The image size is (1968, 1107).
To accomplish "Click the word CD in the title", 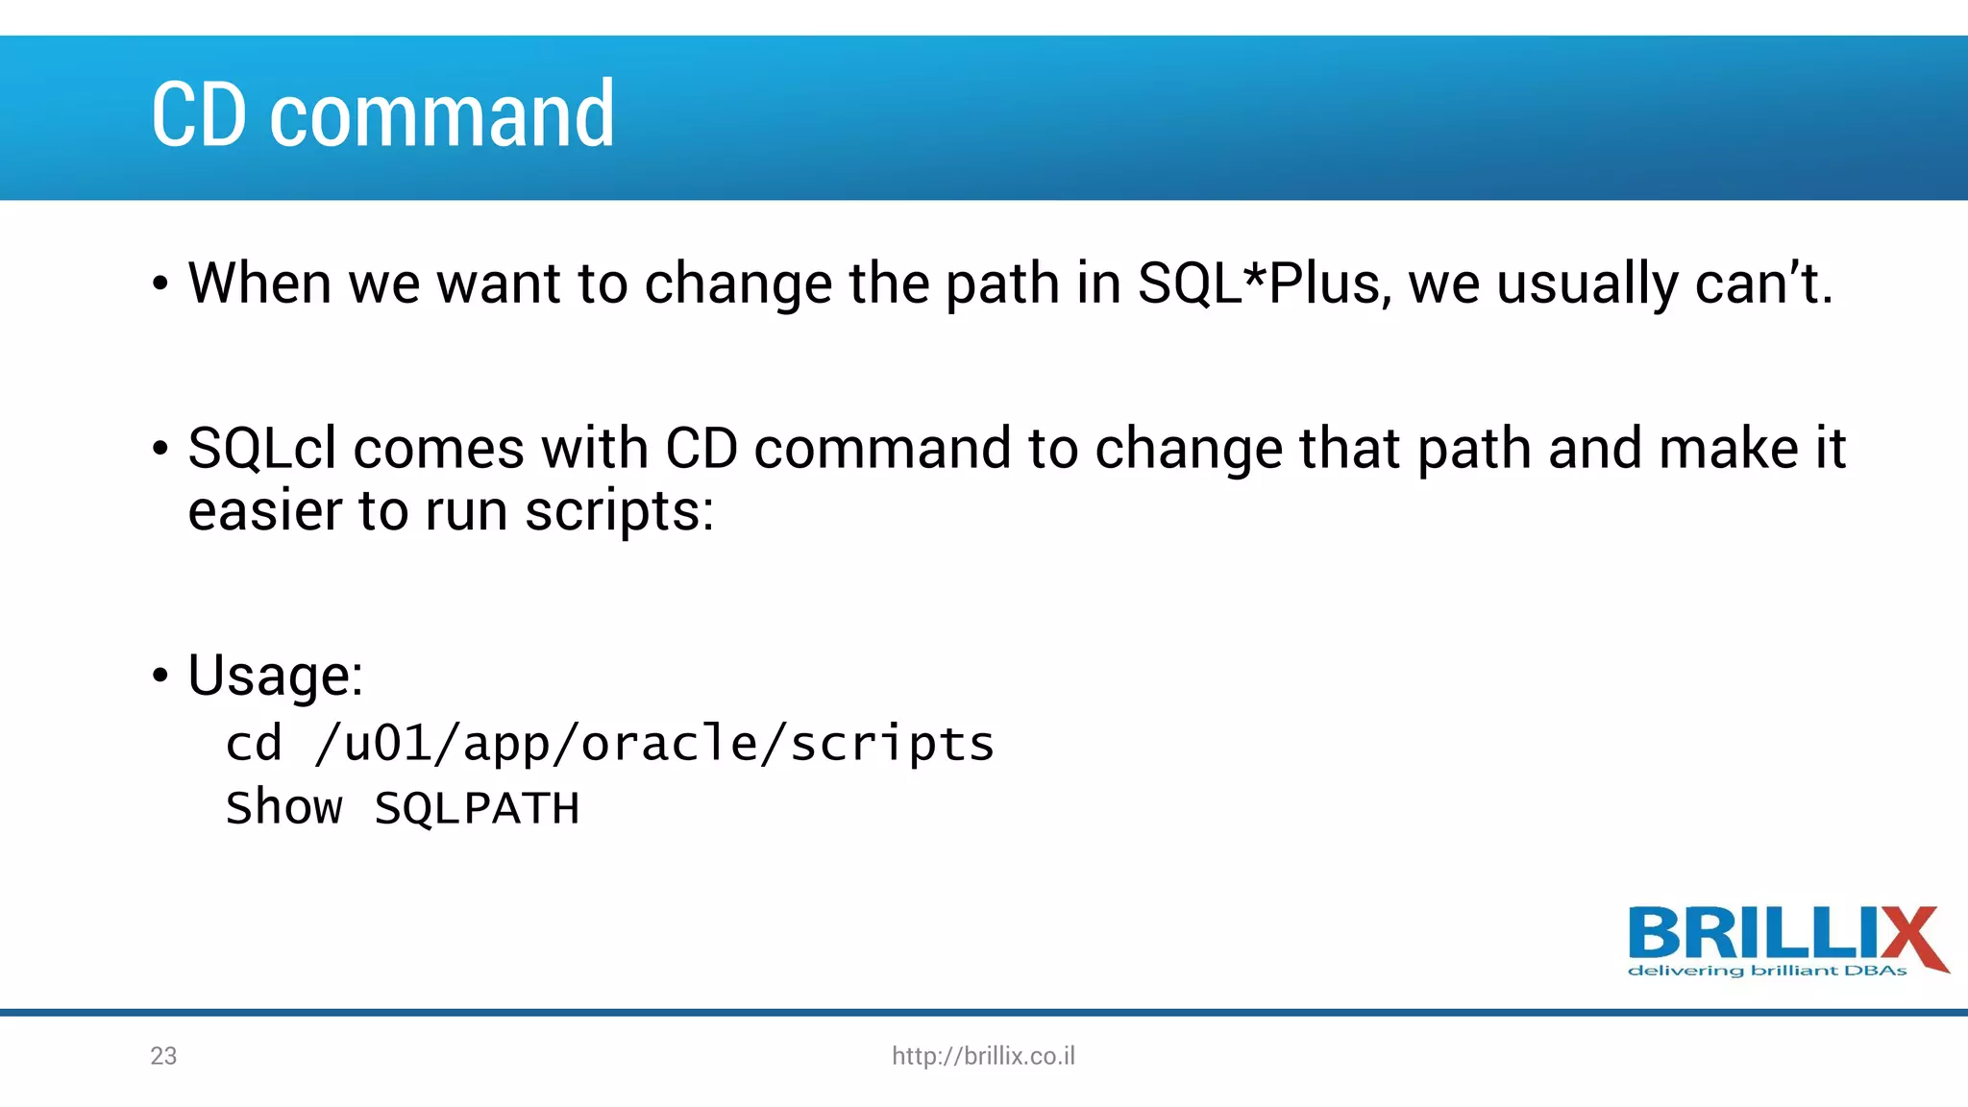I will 199,115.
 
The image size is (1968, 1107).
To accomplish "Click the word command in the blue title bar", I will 442,115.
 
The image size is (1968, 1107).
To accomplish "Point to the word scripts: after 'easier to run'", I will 620,511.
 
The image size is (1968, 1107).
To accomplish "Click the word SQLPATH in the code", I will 477,808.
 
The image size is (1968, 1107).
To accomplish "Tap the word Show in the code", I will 283,808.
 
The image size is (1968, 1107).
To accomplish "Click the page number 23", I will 163,1056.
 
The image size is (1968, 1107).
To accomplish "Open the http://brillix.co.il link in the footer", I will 983,1056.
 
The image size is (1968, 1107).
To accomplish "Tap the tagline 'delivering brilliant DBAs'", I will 1766,972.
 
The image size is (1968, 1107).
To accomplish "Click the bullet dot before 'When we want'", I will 160,284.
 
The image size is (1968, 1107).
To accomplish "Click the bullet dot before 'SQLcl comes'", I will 160,450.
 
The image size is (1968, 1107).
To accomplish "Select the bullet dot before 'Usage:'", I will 160,676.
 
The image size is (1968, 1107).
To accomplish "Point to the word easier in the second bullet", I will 264,511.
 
